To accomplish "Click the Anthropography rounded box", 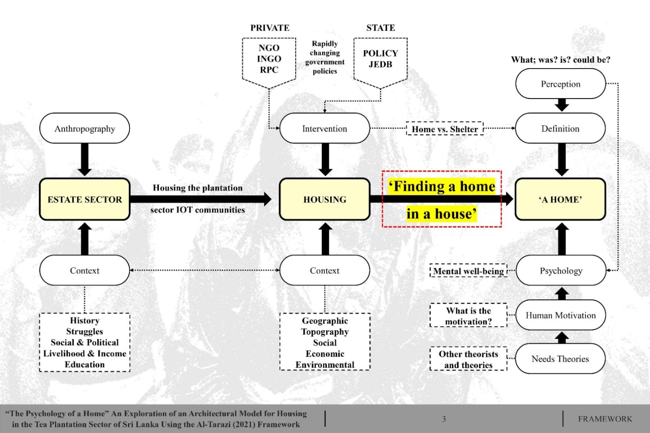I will point(84,129).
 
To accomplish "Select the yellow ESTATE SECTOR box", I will point(84,199).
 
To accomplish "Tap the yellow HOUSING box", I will point(325,199).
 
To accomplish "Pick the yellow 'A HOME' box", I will point(560,199).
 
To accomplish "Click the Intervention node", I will point(325,129).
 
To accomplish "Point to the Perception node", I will point(560,84).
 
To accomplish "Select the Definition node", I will point(560,129).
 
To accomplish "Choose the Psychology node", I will point(561,271).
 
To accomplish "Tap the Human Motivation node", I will point(561,315).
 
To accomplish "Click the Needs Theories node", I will point(560,359).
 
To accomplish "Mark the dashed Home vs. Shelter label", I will point(445,129).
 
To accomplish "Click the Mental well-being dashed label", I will point(468,271).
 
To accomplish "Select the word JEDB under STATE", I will point(380,64).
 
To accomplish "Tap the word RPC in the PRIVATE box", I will point(269,70).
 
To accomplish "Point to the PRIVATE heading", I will point(270,28).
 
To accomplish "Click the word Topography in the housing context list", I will point(325,332).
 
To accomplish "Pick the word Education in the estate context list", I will point(84,364).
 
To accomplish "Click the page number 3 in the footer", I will point(444,419).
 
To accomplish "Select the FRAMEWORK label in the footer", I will point(605,419).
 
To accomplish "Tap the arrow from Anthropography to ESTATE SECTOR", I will point(84,159).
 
